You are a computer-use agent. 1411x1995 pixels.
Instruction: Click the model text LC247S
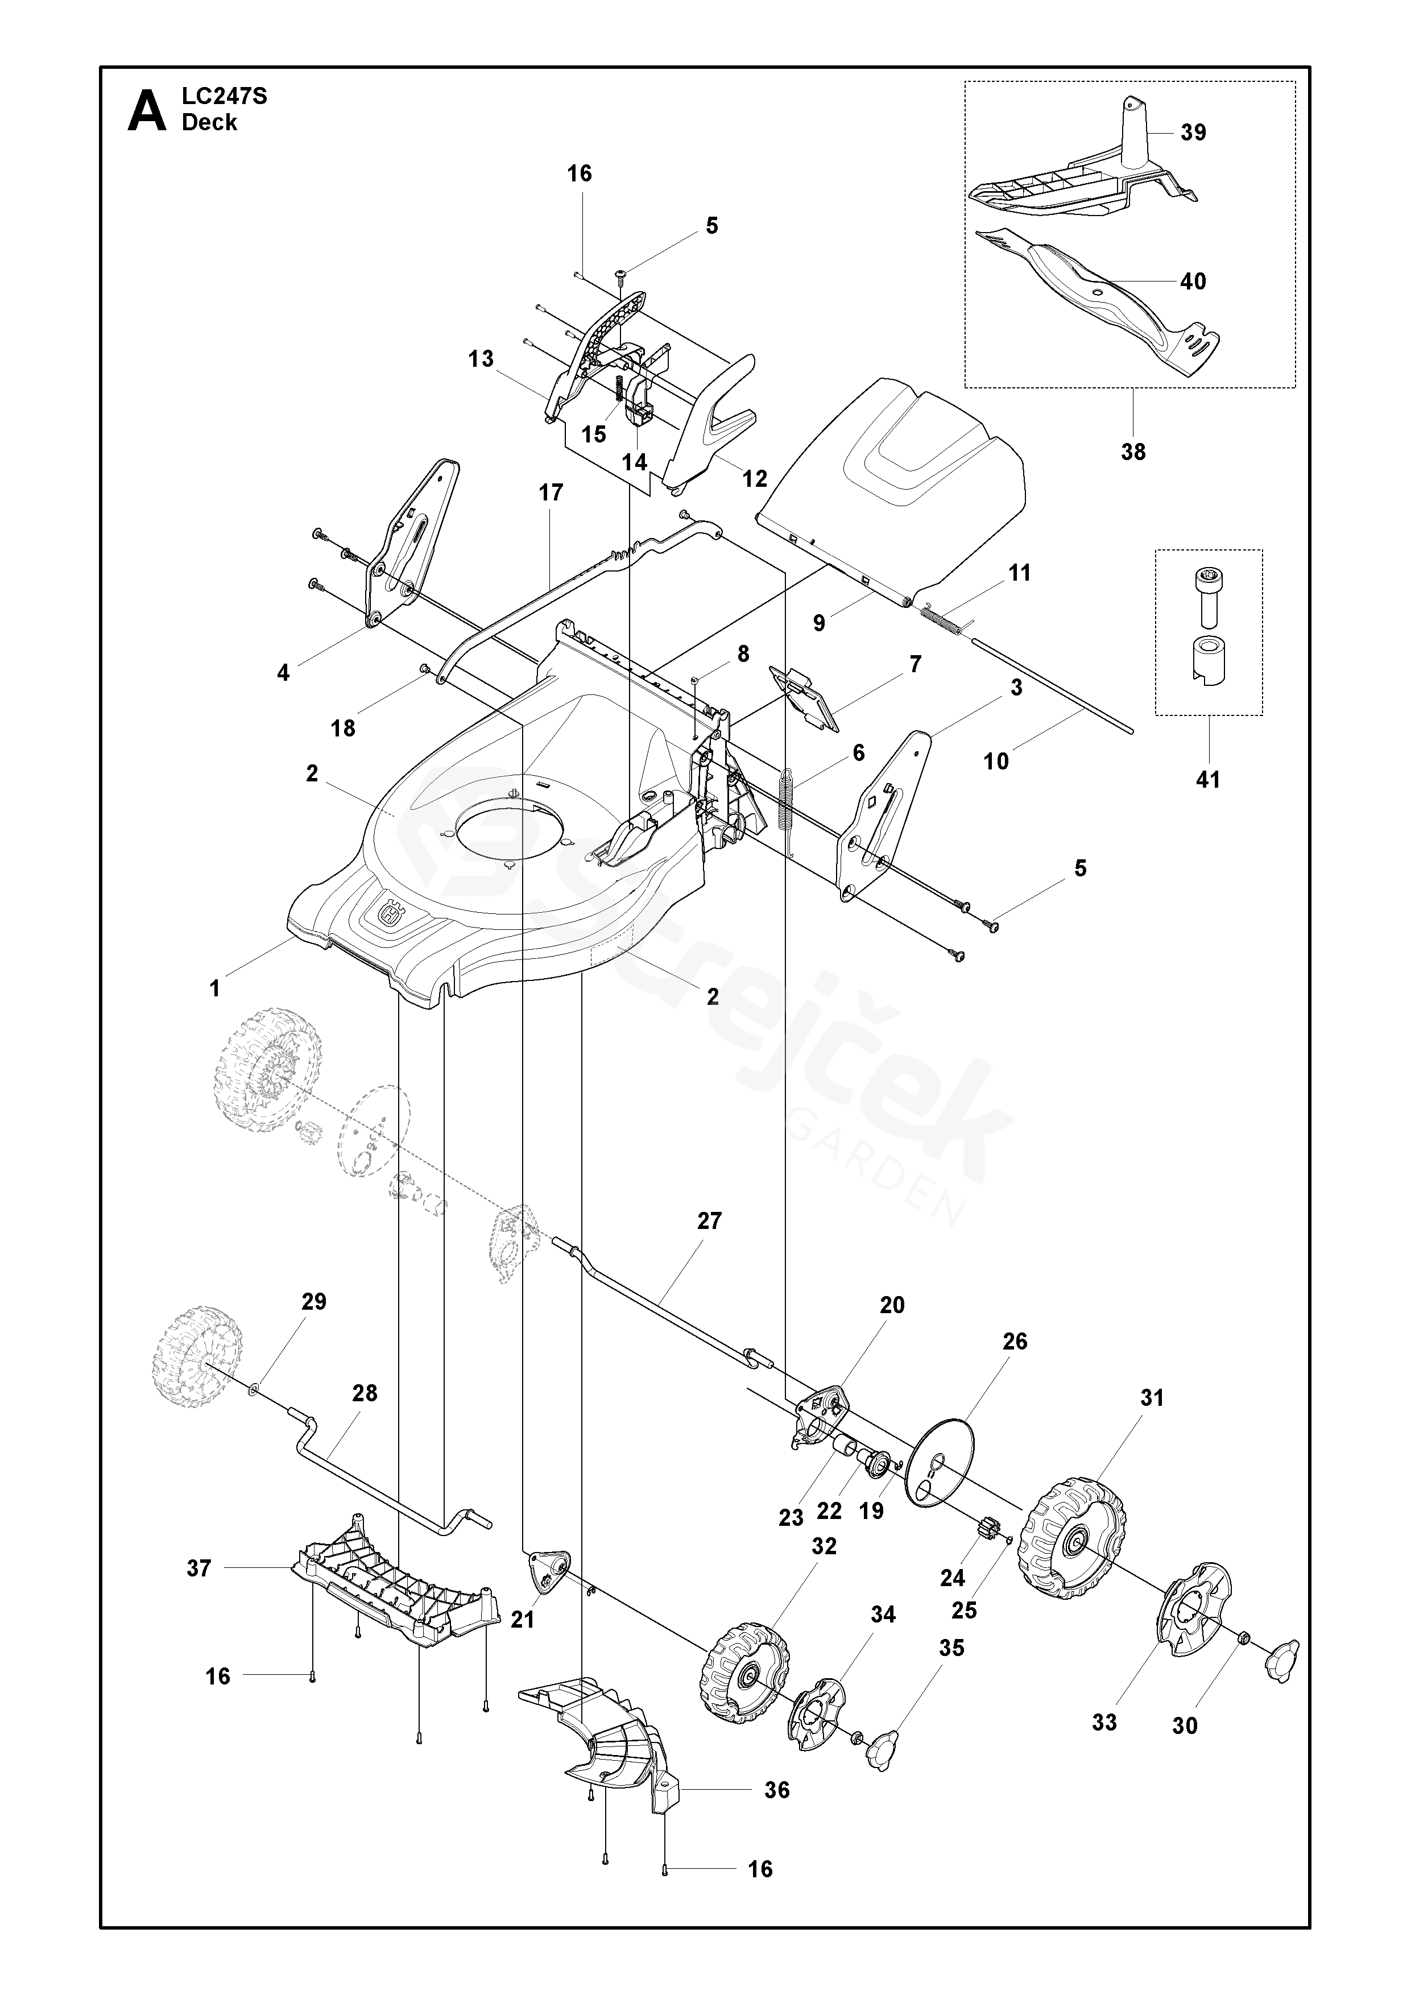pyautogui.click(x=224, y=97)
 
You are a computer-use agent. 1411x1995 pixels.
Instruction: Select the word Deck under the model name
pyautogui.click(x=209, y=122)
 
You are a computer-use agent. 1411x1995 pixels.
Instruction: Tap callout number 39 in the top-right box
pyautogui.click(x=1194, y=132)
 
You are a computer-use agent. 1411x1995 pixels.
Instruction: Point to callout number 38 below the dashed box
pyautogui.click(x=1133, y=451)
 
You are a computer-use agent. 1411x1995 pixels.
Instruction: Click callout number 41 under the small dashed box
pyautogui.click(x=1208, y=780)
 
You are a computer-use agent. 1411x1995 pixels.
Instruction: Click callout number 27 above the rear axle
pyautogui.click(x=709, y=1221)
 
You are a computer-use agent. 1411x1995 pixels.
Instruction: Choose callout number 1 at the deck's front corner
pyautogui.click(x=214, y=988)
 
